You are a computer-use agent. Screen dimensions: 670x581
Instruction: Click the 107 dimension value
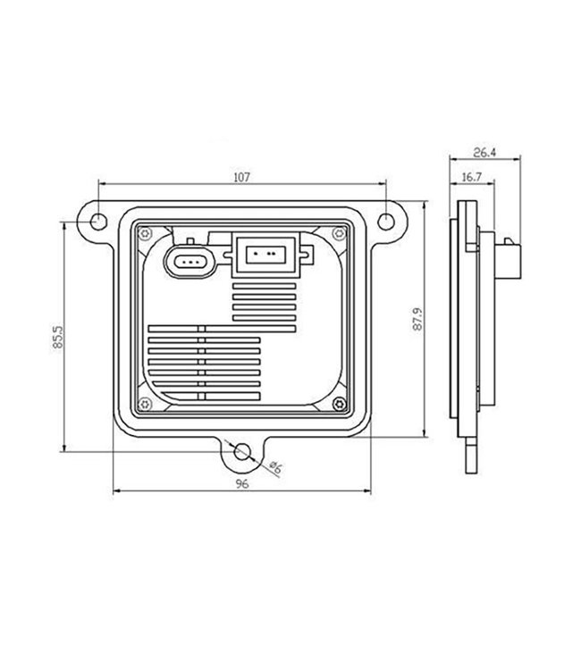[240, 177]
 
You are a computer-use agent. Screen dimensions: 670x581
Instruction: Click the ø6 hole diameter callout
[275, 466]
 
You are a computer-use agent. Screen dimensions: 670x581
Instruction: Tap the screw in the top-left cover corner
[141, 233]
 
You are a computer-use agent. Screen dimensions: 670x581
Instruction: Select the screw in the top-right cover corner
[336, 233]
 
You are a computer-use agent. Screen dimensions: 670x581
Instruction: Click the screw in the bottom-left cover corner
[141, 403]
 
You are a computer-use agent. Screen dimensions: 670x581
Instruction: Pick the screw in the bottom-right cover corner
[336, 403]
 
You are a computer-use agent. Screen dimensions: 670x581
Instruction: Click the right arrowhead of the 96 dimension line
[368, 491]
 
